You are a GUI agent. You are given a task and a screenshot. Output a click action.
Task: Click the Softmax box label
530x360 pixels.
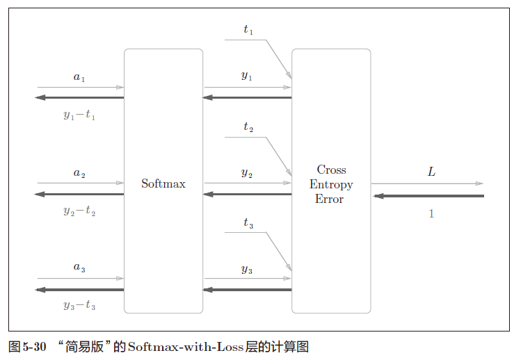tap(163, 184)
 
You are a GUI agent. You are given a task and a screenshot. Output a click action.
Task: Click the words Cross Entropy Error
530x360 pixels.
tap(331, 184)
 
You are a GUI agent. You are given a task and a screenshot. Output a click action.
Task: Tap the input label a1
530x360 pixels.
tap(79, 77)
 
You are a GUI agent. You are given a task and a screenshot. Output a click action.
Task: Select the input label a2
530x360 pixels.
tap(79, 173)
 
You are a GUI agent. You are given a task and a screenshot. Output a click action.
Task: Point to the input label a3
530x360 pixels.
tap(79, 268)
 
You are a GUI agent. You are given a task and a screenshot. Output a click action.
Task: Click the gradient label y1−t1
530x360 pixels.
tap(79, 115)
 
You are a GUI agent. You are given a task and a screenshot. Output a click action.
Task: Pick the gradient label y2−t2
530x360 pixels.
tap(79, 211)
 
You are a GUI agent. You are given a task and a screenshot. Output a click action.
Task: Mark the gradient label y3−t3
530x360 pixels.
tap(79, 305)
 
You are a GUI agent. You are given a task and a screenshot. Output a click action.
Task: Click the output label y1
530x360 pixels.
tap(247, 76)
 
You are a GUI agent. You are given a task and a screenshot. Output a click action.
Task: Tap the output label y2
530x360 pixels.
tap(247, 173)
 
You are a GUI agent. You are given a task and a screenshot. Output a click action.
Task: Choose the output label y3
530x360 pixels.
tap(247, 269)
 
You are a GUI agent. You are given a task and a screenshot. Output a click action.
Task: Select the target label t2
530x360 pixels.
tap(248, 127)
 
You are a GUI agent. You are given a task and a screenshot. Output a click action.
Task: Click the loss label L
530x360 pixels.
tap(431, 171)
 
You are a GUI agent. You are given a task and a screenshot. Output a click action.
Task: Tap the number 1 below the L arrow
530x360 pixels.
tap(431, 214)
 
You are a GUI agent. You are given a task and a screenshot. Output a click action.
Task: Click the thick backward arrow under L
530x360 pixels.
tap(428, 196)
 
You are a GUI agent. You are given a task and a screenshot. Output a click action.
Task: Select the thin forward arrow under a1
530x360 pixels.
tap(80, 88)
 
